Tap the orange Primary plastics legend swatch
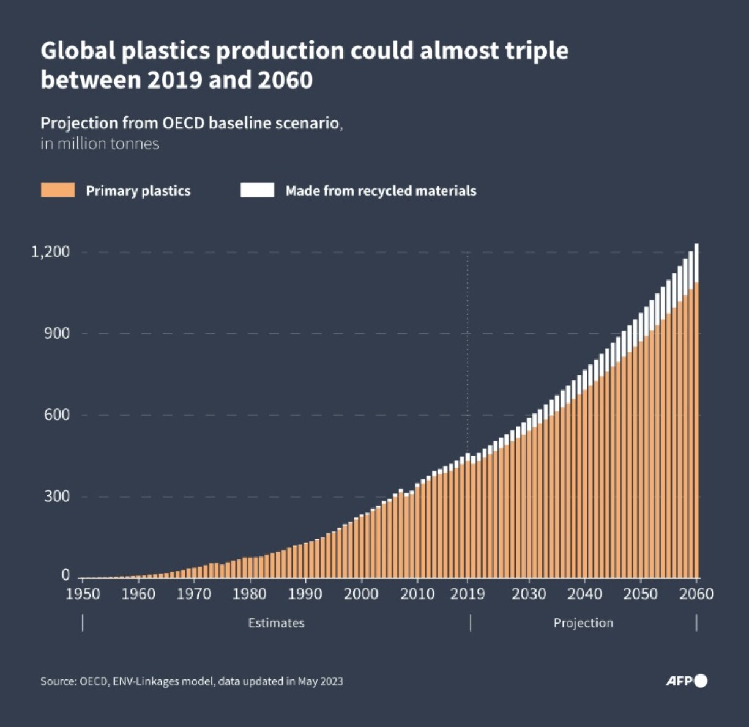click(58, 190)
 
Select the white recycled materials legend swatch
click(257, 190)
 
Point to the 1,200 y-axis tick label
click(51, 252)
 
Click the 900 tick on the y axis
click(57, 334)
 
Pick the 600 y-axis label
click(57, 415)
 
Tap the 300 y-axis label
click(57, 496)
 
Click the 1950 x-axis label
click(83, 594)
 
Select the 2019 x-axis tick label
click(468, 594)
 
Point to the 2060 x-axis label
click(696, 594)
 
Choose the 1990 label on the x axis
click(305, 594)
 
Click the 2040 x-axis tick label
click(584, 594)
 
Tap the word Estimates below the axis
click(276, 623)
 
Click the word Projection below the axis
click(583, 623)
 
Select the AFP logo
click(686, 681)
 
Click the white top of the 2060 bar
click(696, 263)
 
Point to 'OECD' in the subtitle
click(183, 123)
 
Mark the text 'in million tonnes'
click(100, 144)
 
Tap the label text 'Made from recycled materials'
click(381, 191)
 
